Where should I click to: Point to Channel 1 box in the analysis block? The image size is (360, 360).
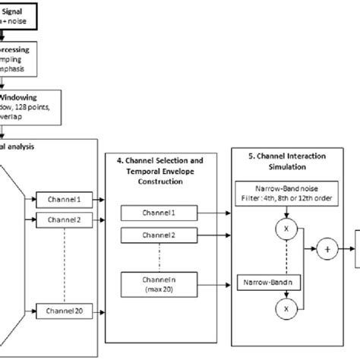61,201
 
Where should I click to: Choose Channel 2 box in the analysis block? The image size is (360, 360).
61,220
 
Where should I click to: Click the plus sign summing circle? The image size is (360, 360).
329,248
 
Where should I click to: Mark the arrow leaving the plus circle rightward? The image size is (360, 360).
346,248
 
